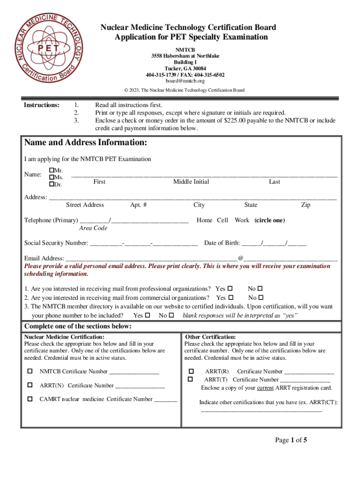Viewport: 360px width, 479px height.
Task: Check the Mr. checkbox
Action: click(51, 170)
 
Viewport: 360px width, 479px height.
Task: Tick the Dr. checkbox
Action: click(51, 185)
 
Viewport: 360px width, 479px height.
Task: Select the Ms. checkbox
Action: click(51, 177)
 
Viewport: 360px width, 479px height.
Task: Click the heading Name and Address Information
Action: click(86, 142)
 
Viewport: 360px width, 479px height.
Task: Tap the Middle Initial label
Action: click(191, 181)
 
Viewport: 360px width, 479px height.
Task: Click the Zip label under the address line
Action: click(306, 205)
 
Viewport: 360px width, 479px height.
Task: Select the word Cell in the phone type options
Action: click(223, 220)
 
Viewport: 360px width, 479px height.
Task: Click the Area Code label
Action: click(93, 228)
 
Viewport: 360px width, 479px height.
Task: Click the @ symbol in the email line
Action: click(240, 258)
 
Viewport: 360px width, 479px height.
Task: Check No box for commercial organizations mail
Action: click(260, 298)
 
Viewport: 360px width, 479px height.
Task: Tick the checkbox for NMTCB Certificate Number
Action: click(30, 371)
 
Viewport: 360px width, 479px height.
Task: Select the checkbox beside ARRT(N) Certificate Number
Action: click(30, 385)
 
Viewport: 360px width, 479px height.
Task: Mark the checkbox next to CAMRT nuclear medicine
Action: click(30, 399)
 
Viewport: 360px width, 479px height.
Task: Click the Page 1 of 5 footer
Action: click(291, 440)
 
